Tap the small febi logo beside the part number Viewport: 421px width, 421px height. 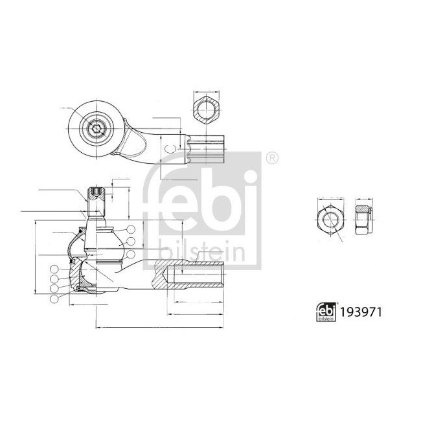(326, 312)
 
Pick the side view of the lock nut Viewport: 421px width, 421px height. (363, 218)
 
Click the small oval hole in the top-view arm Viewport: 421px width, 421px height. (170, 149)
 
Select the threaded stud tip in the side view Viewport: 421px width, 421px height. (95, 193)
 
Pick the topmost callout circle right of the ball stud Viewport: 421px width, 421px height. (131, 229)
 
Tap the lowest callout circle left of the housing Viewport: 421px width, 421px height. (52, 298)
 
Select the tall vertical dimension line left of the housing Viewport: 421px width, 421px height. (33, 259)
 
